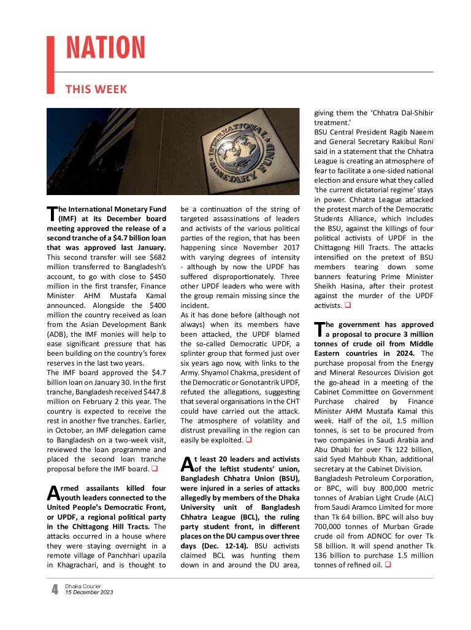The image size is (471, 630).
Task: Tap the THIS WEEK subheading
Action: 96,90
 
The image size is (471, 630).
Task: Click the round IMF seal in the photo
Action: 243,151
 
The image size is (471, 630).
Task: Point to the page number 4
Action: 55,590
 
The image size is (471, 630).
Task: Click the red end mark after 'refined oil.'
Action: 388,564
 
